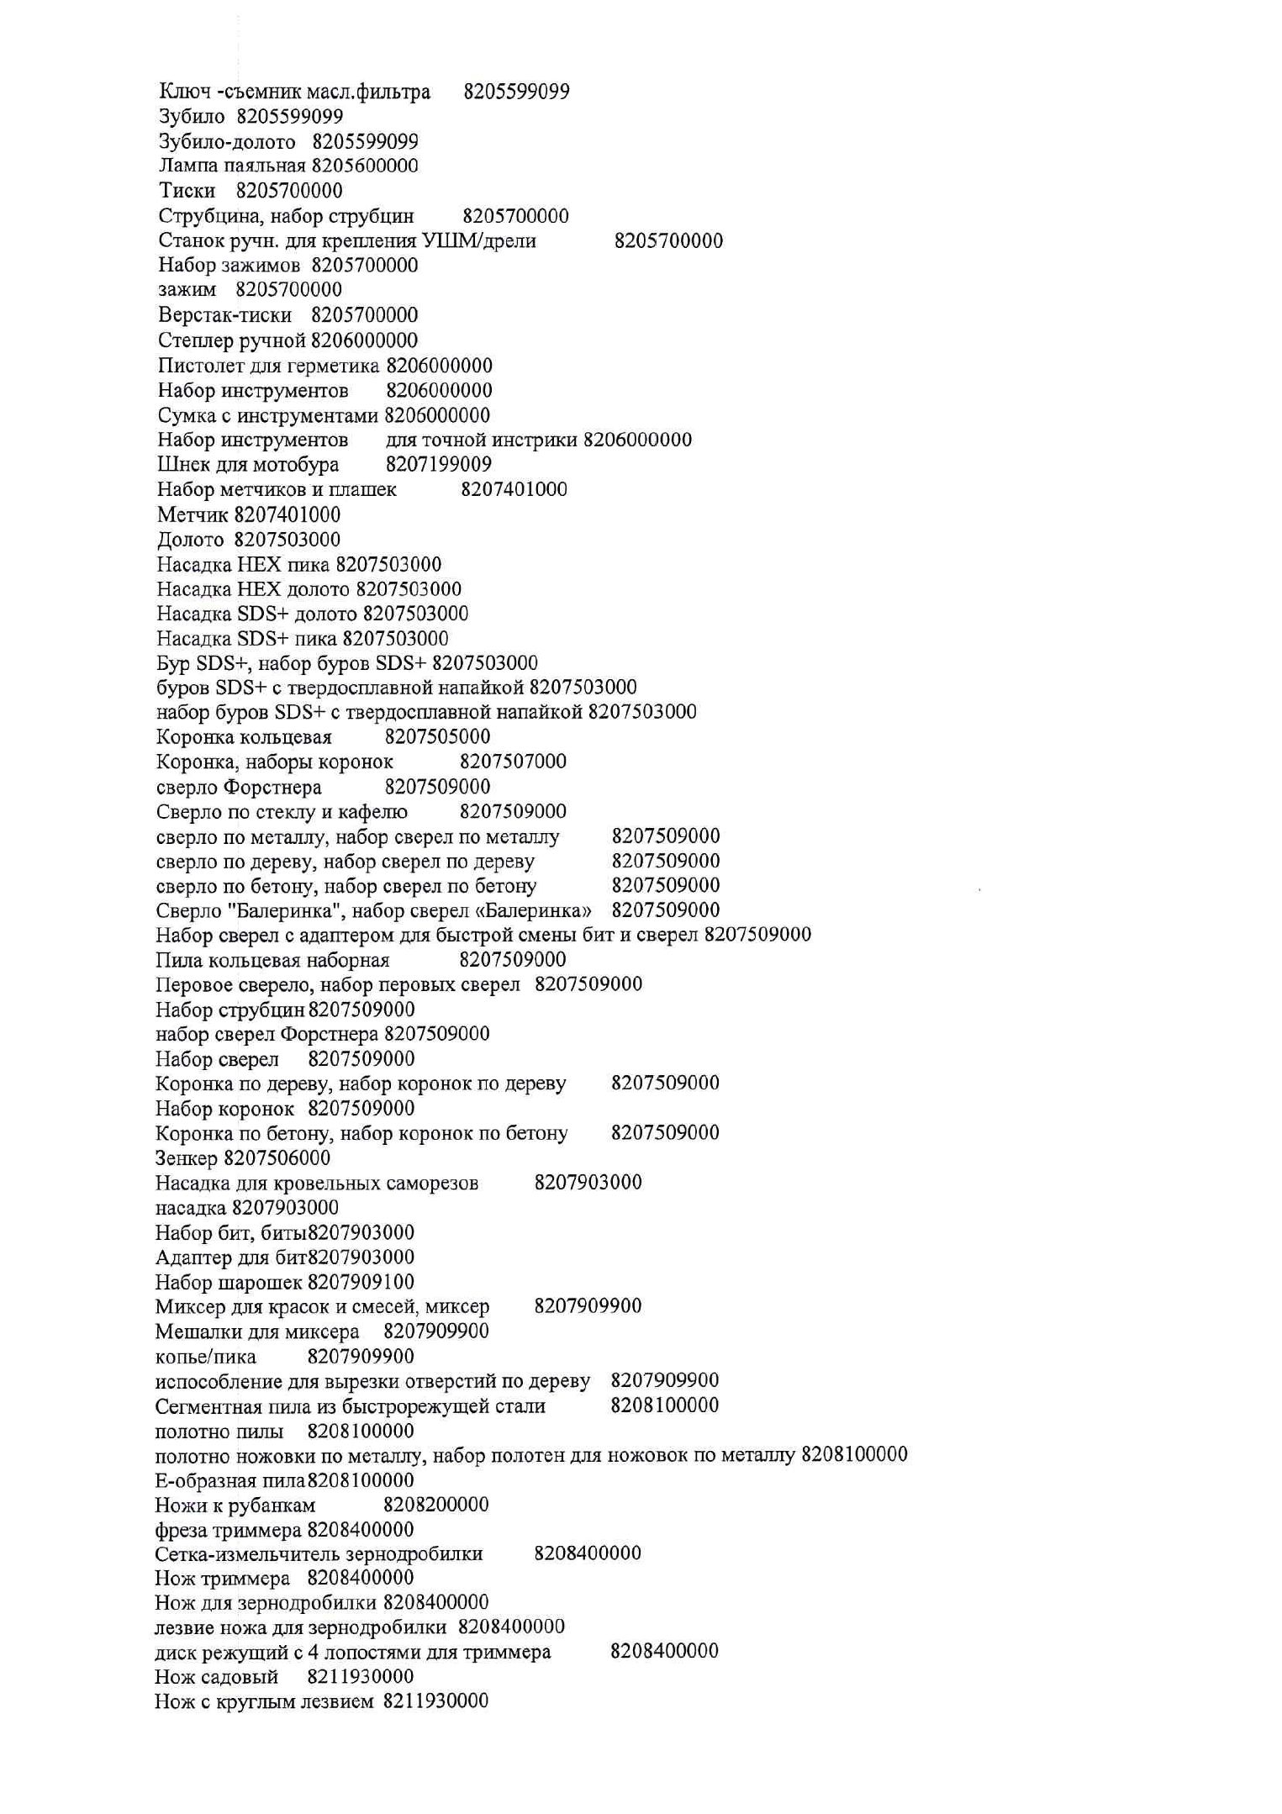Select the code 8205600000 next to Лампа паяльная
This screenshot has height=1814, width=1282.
point(365,166)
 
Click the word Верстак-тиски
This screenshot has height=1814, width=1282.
point(224,315)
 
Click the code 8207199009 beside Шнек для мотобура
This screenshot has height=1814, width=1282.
point(439,464)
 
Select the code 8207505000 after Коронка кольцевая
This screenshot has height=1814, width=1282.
point(437,737)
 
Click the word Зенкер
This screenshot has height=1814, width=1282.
point(187,1158)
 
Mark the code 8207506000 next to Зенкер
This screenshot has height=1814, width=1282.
point(277,1158)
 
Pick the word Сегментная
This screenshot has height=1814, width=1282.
point(206,1406)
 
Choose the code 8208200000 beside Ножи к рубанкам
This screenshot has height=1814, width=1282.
point(436,1505)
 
